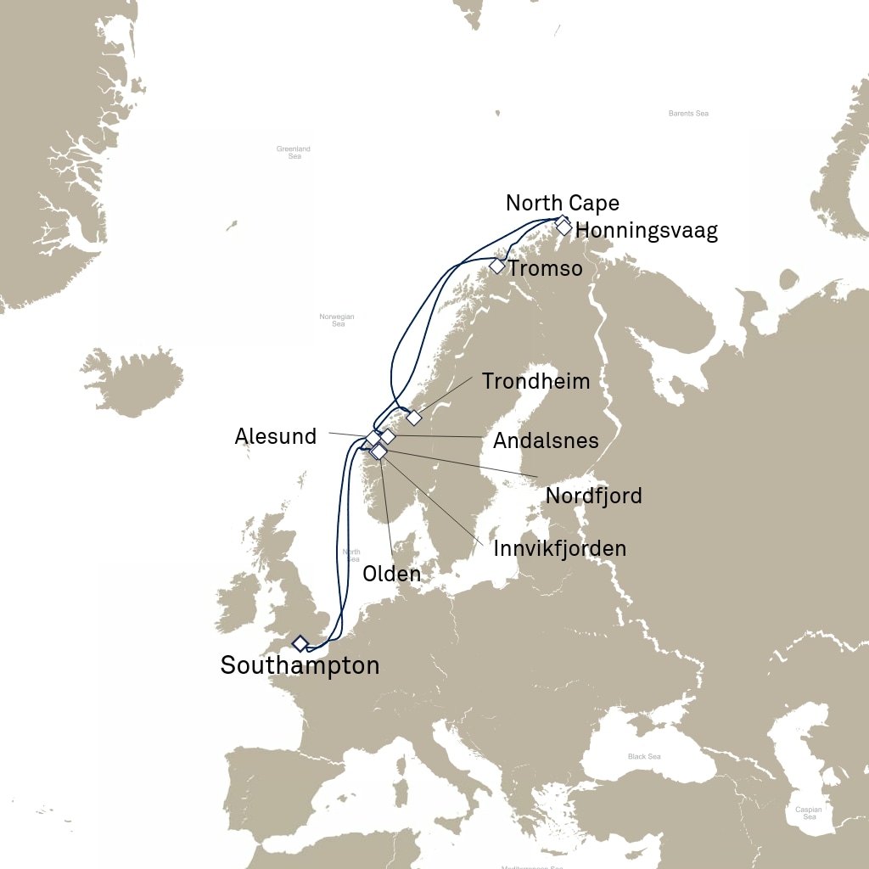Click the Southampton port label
[x=300, y=665]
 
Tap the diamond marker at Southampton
[x=300, y=643]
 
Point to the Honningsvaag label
[x=646, y=231]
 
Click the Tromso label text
[x=545, y=269]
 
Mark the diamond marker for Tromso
[x=497, y=266]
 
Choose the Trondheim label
[x=535, y=381]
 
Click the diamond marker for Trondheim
[x=413, y=418]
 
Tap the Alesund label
[x=275, y=437]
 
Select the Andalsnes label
[x=546, y=441]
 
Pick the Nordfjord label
[x=593, y=496]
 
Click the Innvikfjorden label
[x=559, y=549]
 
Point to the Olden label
[x=391, y=574]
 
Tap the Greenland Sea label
[x=294, y=153]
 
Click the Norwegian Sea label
[x=337, y=320]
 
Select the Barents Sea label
[x=688, y=113]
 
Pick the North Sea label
[x=352, y=556]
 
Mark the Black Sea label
[x=644, y=757]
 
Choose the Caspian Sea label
[x=808, y=813]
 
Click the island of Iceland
[x=134, y=382]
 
